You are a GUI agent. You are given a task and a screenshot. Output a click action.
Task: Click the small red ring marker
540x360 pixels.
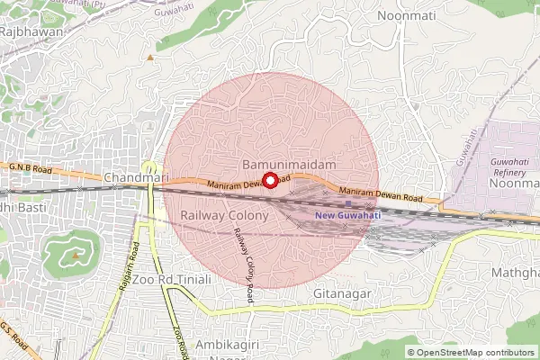tap(271, 180)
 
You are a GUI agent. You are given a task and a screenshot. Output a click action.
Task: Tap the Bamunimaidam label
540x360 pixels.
tap(290, 166)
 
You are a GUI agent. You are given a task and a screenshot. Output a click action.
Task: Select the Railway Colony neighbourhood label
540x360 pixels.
tap(224, 216)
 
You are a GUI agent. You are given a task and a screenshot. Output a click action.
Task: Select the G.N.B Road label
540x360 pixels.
tap(28, 168)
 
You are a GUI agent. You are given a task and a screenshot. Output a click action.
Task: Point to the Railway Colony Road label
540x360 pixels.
tap(246, 259)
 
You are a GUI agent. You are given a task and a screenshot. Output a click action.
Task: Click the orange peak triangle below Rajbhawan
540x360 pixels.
tap(150, 58)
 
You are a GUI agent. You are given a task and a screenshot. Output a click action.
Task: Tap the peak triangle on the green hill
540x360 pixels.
tap(76, 253)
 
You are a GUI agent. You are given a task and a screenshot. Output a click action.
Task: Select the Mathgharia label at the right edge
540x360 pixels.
tap(515, 271)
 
